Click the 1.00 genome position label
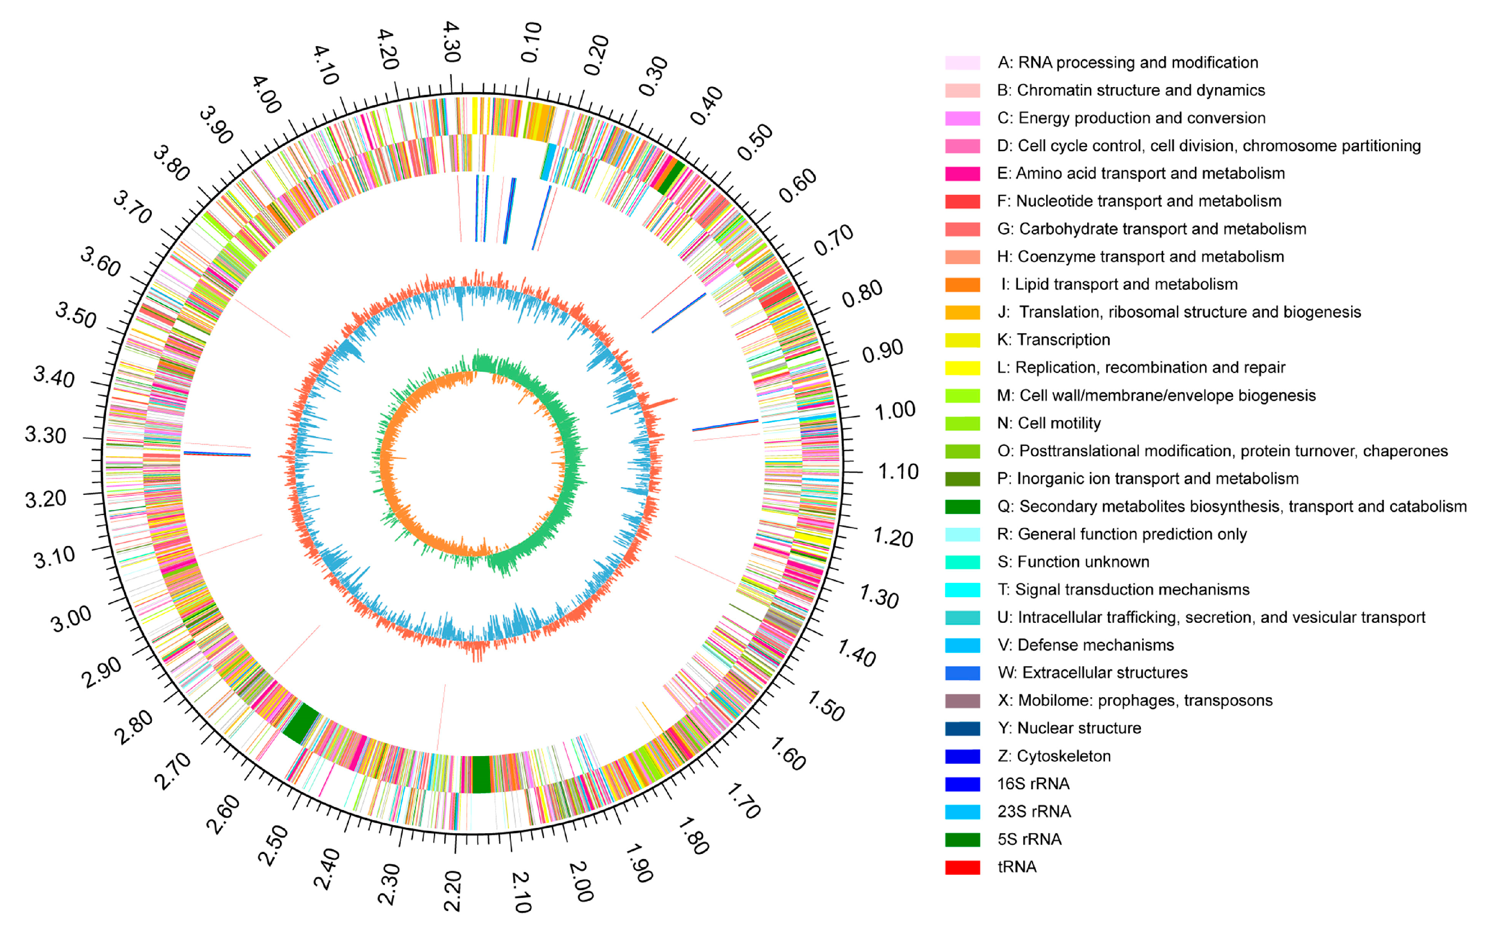(894, 410)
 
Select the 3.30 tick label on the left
(45, 435)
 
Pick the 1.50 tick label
(825, 706)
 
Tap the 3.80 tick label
(171, 163)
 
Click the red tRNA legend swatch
(962, 867)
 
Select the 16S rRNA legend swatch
(962, 783)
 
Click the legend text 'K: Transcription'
(1053, 339)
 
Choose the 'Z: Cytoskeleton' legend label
(1054, 756)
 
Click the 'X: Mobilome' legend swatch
(962, 700)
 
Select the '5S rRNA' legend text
(1029, 839)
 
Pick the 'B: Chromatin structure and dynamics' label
(1131, 90)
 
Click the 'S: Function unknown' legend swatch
(962, 562)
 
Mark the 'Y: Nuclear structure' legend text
(1069, 728)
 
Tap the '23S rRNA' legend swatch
(962, 811)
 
